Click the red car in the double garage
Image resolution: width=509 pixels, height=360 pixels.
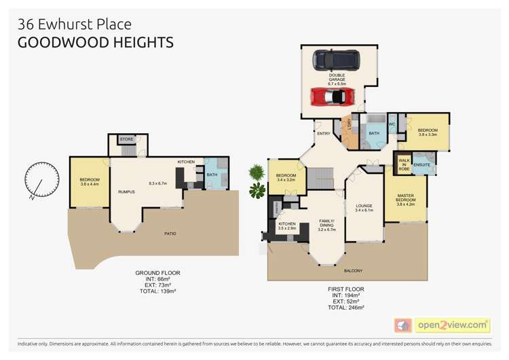[332, 96]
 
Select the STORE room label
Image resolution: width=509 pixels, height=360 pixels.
[126, 139]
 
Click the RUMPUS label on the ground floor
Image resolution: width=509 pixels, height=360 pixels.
[126, 192]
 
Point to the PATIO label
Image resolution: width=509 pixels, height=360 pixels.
[170, 234]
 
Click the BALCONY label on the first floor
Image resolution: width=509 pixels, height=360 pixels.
[353, 270]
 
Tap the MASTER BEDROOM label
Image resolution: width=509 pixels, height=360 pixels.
[406, 198]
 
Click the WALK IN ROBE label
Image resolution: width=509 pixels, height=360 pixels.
[403, 164]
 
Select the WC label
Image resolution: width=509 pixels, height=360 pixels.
[392, 124]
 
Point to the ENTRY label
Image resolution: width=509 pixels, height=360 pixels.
[323, 134]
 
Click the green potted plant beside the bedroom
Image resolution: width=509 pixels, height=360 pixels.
[257, 181]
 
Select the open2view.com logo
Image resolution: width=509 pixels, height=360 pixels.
[452, 325]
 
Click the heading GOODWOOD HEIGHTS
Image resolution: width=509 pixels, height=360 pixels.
[95, 43]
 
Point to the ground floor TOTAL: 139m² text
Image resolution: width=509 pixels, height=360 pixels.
[157, 291]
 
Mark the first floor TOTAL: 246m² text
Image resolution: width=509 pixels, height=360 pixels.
[346, 307]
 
